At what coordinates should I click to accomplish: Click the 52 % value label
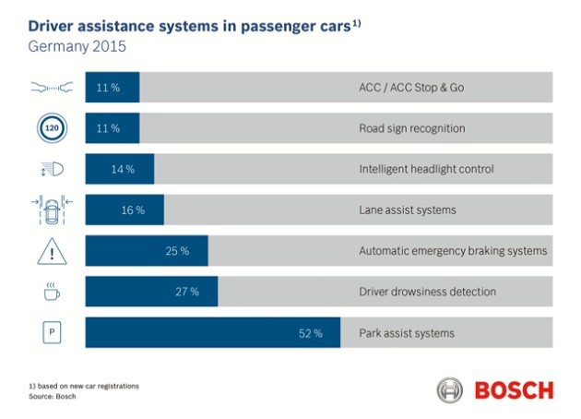(311, 333)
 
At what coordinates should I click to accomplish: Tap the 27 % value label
(187, 292)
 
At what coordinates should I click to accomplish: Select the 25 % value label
(177, 251)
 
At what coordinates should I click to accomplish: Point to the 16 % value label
(133, 210)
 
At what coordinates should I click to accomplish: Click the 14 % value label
(123, 170)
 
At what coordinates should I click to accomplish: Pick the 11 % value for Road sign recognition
(108, 128)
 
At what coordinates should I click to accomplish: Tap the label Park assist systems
(407, 333)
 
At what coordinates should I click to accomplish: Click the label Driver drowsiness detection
(427, 292)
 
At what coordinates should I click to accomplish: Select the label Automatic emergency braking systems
(453, 251)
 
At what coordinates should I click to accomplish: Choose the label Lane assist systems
(408, 210)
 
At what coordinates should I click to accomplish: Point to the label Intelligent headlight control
(426, 169)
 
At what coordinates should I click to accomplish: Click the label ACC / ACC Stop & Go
(411, 88)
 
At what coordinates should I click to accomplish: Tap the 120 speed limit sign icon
(52, 128)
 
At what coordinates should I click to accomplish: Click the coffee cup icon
(52, 291)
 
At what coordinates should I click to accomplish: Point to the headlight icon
(53, 169)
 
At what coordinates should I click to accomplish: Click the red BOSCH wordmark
(514, 390)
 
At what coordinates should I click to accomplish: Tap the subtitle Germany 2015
(77, 47)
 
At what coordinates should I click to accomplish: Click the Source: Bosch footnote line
(53, 396)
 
